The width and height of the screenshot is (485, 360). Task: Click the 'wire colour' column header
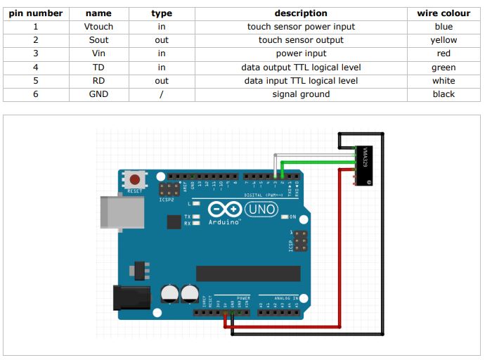coord(444,13)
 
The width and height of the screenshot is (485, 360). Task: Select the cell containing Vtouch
coord(98,27)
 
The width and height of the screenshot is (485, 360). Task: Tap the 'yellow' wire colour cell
coord(444,40)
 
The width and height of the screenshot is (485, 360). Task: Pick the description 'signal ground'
coord(301,94)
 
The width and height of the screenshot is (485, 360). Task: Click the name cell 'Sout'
coord(98,40)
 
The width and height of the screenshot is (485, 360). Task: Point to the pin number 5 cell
coord(35,81)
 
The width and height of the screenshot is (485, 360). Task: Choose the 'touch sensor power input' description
coord(301,27)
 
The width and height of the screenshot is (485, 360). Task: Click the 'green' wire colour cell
coord(444,67)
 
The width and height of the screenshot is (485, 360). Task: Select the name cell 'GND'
coord(98,94)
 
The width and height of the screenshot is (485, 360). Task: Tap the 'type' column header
coord(162,13)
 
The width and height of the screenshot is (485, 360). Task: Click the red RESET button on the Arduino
coord(134,181)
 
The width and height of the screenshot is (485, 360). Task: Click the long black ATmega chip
coord(248,274)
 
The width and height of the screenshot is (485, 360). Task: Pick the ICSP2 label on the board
coord(167,199)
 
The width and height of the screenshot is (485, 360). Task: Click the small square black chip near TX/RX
coord(174,222)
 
